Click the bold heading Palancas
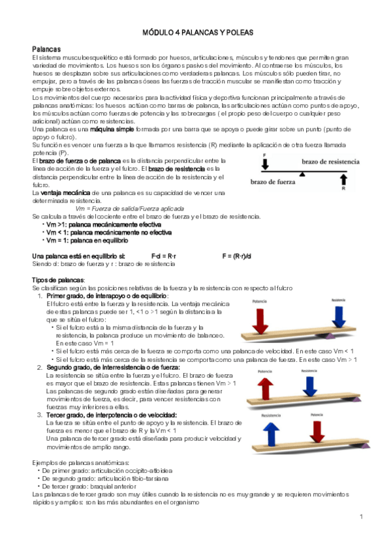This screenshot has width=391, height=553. tap(46, 50)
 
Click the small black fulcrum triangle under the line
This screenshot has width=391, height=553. tap(302, 175)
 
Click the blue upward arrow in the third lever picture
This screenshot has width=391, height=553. tap(271, 434)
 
